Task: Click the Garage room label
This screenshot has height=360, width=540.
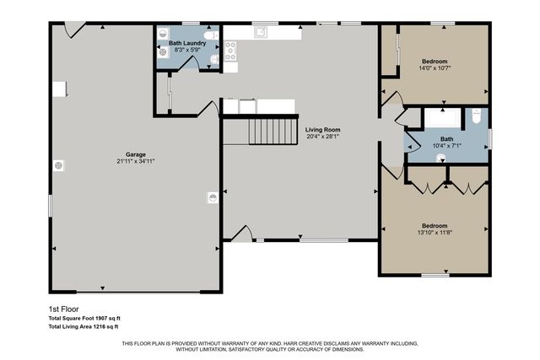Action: tap(135, 153)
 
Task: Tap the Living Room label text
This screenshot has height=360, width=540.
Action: tap(324, 130)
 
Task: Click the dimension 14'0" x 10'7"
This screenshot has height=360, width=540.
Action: tap(435, 69)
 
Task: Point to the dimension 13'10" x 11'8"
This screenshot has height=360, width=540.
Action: tap(435, 234)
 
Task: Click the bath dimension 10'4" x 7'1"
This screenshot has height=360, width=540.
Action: tap(446, 147)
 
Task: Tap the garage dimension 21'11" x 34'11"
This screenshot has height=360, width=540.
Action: tap(135, 161)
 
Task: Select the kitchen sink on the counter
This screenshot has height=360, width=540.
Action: tap(262, 33)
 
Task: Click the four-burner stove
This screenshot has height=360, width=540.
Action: tap(229, 46)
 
